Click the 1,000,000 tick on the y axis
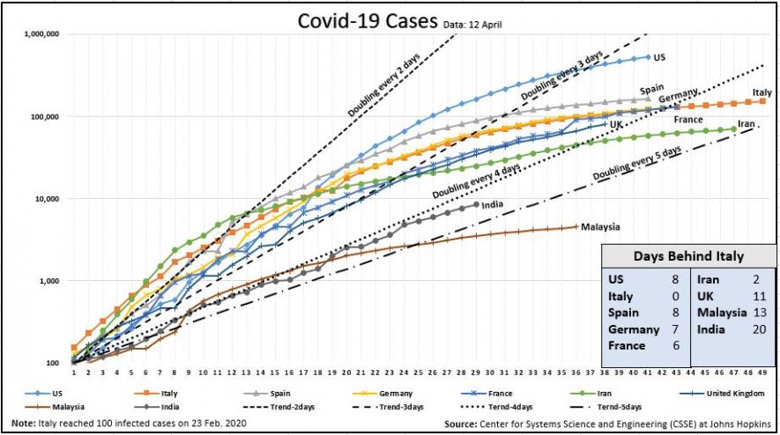pyautogui.click(x=41, y=34)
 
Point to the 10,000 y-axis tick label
pyautogui.click(x=46, y=199)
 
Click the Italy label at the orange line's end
pyautogui.click(x=761, y=92)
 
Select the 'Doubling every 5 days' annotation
pyautogui.click(x=637, y=164)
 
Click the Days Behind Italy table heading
pyautogui.click(x=688, y=256)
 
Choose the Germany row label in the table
pyautogui.click(x=634, y=329)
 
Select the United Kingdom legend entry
pyautogui.click(x=731, y=394)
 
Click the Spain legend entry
pyautogui.click(x=279, y=394)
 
